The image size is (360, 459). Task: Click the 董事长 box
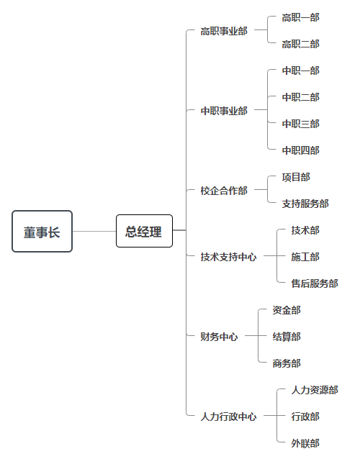pos(42,231)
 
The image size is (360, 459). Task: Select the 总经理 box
pos(144,231)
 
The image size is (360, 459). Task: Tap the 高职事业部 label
pos(224,31)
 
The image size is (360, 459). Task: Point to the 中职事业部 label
pos(224,111)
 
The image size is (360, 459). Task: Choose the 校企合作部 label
pos(224,191)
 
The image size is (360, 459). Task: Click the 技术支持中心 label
pos(228,257)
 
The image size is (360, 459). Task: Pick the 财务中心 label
pos(219,337)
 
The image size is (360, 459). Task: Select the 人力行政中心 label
pos(228,417)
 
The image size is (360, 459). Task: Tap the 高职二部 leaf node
pos(300,44)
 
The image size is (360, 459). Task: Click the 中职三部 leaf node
pos(300,124)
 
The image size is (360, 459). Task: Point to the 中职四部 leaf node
pos(300,150)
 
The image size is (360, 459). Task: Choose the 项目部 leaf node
pos(296,177)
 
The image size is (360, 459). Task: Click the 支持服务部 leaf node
pos(305,204)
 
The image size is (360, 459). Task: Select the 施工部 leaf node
pos(305,257)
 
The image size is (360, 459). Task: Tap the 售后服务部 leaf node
pos(315,283)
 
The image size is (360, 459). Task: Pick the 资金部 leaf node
pos(287,310)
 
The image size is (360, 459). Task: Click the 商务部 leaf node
pos(287,363)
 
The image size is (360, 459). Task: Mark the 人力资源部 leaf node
pos(315,390)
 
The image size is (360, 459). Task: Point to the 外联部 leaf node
pos(305,443)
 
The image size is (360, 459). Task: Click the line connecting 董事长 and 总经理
pos(94,231)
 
